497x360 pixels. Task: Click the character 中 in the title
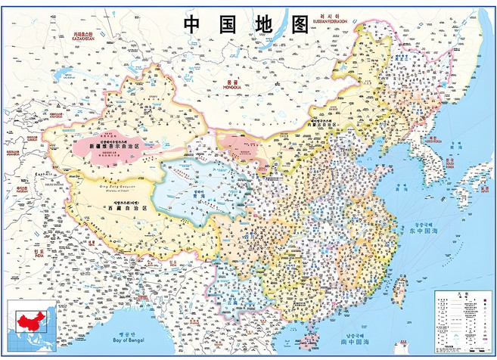click(x=193, y=23)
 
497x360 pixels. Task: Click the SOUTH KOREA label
click(x=449, y=165)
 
